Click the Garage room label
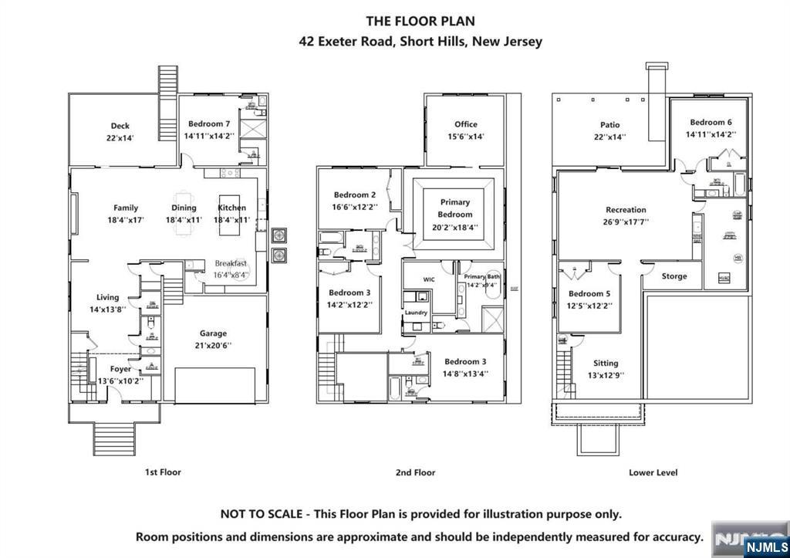pos(213,333)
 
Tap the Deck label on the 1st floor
pos(120,126)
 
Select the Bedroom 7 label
pos(209,123)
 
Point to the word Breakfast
pos(231,263)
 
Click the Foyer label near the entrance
pos(120,369)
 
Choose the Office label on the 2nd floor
pos(465,123)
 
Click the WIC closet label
pos(430,279)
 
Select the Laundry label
pos(416,313)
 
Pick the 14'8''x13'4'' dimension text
pos(465,374)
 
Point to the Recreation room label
pos(626,209)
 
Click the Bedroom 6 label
pos(711,122)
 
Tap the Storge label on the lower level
pos(674,276)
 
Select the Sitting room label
pos(606,363)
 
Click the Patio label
pos(609,124)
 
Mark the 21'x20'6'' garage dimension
pos(213,346)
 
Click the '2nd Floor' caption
pos(414,472)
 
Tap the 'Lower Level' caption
pos(653,472)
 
